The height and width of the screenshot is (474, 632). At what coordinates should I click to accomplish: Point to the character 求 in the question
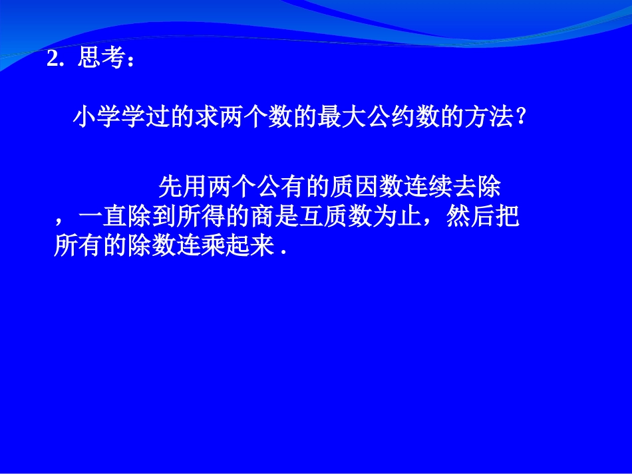tap(208, 118)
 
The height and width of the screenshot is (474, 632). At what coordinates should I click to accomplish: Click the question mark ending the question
tap(522, 118)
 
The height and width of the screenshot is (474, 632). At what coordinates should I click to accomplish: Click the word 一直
tap(103, 217)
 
